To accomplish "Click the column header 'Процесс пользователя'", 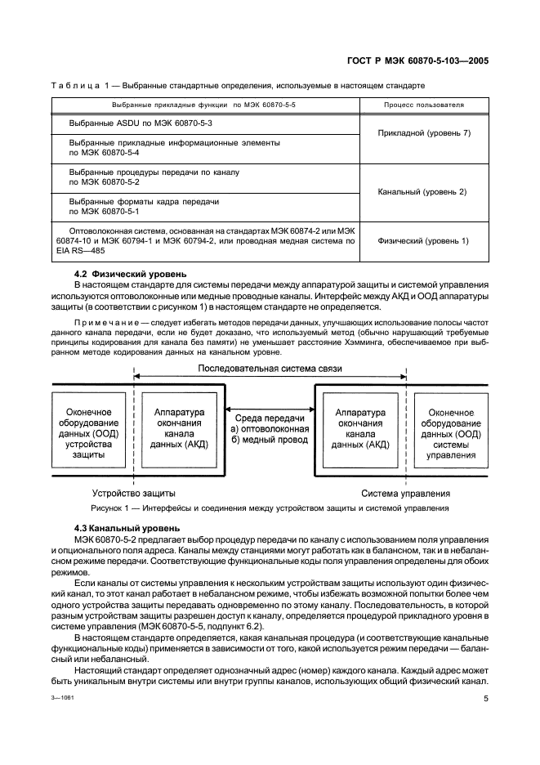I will (424, 105).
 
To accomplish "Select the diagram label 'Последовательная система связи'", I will (269, 369).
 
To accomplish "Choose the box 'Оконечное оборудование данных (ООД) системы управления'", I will (451, 429).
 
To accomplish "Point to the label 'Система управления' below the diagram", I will (406, 494).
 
